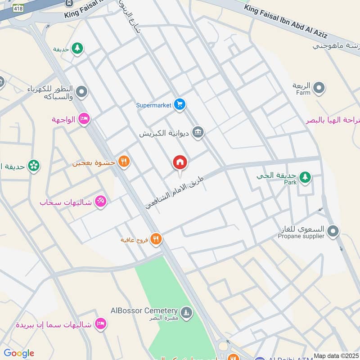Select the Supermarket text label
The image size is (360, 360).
154,105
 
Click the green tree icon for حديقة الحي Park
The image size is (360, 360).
305,177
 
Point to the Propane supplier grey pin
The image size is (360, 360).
333,231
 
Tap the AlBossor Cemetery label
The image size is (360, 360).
144,311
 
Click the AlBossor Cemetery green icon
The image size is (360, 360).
186,312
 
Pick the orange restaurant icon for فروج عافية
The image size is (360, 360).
156,239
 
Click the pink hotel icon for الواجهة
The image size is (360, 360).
84,119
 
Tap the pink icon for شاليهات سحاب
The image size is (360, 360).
100,202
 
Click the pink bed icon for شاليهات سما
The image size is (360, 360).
101,324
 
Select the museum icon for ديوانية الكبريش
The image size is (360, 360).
198,133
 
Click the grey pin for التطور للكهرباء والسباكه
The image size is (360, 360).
81,93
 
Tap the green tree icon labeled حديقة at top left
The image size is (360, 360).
77,49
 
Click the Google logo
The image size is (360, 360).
18,353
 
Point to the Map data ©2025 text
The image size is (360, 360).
336,356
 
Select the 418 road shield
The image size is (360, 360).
6,8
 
